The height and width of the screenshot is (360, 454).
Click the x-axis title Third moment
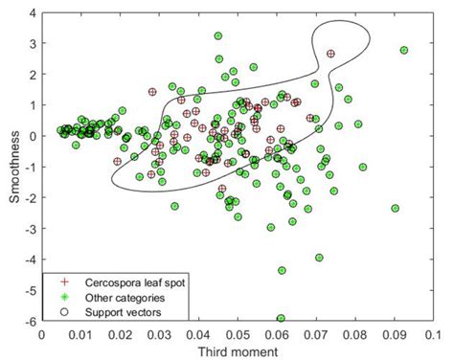[x=237, y=351]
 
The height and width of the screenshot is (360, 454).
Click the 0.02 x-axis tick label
[x=120, y=334]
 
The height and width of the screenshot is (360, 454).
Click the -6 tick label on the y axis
[x=30, y=321]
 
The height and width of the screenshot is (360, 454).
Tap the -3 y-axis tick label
[x=30, y=229]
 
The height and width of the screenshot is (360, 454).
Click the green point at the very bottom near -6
[x=281, y=318]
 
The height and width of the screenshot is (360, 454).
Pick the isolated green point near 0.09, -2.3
[x=395, y=208]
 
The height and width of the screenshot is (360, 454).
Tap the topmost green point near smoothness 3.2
[x=218, y=36]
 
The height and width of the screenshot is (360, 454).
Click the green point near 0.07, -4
[x=319, y=258]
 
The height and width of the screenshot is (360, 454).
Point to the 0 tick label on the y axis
[x=32, y=136]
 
